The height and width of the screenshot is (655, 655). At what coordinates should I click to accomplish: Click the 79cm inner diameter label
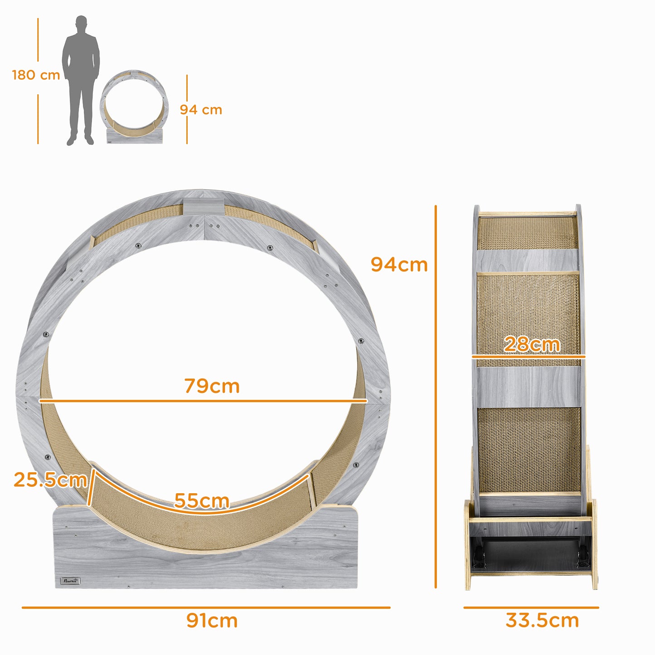pos(212,386)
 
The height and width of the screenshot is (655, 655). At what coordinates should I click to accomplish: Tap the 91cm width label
pos(212,621)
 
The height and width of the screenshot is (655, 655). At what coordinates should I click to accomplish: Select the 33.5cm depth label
pos(542,621)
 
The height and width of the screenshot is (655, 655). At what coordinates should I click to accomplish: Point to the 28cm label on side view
pos(532,344)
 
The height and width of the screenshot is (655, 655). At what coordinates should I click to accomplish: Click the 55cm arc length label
pos(202,500)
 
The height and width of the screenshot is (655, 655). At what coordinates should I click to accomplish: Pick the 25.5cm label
pos(50,480)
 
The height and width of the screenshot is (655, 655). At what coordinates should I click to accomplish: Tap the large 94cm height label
pos(399,265)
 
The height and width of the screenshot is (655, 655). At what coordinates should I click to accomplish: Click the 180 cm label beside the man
pos(36,75)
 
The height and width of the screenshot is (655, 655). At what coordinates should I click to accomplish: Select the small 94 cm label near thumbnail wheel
pos(201,110)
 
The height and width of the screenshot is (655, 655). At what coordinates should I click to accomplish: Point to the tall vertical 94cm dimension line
pos(436,408)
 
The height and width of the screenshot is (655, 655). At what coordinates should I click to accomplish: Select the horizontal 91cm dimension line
pos(206,607)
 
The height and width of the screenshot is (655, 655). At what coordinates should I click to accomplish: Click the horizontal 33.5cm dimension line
pos(531,607)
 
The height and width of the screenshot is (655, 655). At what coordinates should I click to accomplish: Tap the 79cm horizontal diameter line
pos(203,401)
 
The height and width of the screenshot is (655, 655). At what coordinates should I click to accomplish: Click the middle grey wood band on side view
pos(529,387)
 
